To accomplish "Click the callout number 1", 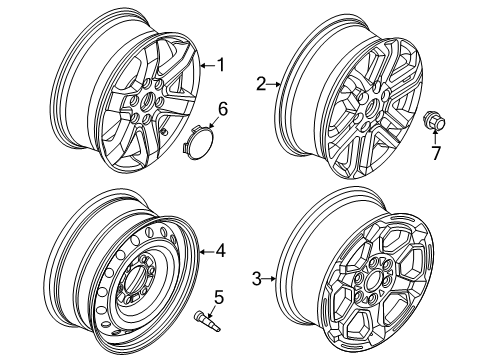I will click(x=222, y=66).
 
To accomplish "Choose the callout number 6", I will click(x=222, y=107).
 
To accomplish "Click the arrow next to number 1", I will click(x=205, y=66).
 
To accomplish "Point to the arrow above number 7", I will click(x=435, y=139).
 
